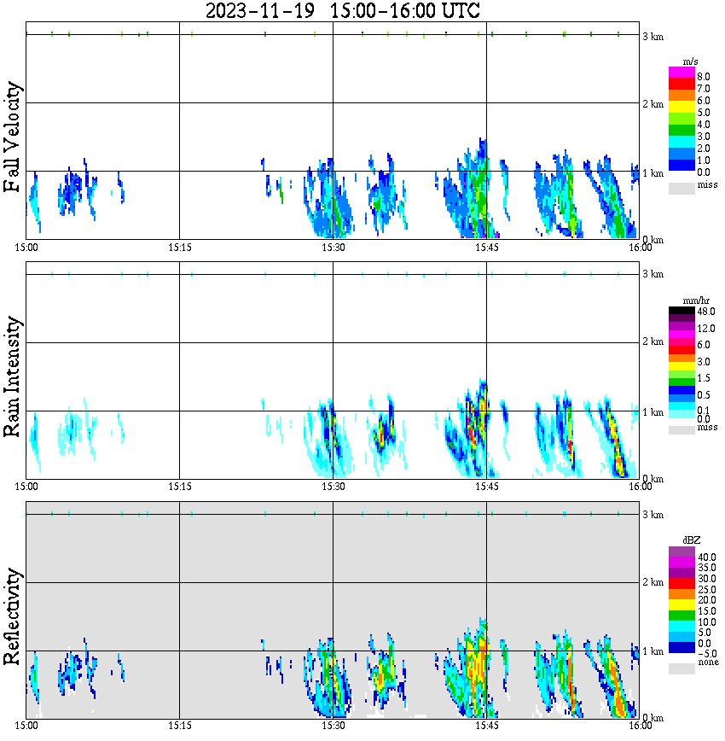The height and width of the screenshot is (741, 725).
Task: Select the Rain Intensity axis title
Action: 13,376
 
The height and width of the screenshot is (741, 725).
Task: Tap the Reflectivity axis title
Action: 13,616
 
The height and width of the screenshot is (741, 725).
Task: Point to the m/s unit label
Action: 690,61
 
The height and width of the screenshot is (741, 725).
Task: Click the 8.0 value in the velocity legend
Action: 704,76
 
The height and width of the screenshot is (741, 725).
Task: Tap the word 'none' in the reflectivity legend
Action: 707,662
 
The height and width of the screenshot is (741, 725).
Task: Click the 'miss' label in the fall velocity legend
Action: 707,184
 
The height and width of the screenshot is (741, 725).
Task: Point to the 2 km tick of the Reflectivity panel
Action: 652,583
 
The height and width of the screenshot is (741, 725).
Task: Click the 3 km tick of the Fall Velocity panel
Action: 652,36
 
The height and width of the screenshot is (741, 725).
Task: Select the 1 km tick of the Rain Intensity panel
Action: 652,412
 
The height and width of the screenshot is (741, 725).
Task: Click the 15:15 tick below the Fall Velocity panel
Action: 179,248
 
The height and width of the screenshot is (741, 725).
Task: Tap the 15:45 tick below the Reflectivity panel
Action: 486,726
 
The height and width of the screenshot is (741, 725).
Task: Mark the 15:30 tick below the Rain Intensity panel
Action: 333,487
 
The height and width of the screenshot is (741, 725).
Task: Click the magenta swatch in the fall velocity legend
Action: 681,73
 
